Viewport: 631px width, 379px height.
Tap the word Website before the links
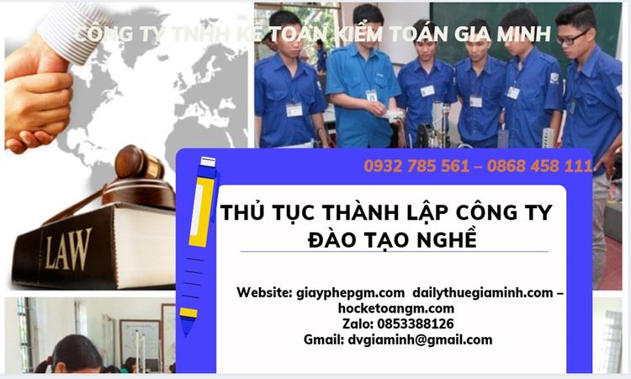coord(264,292)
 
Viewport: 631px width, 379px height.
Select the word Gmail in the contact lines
coord(323,339)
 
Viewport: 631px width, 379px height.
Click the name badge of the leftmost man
coord(294,109)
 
